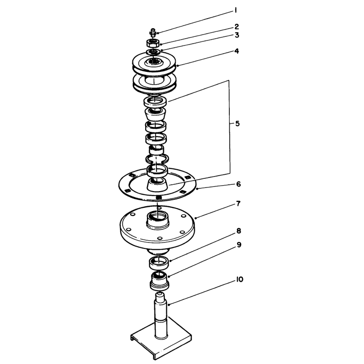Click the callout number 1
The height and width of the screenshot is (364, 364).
(x=235, y=10)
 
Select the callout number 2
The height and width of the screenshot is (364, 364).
(x=236, y=26)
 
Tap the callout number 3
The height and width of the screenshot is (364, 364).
(x=237, y=35)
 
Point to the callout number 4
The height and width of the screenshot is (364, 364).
(x=236, y=51)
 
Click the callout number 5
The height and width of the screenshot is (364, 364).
(x=237, y=123)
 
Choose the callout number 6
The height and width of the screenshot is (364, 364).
(x=238, y=184)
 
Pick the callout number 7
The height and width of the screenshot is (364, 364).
(x=238, y=204)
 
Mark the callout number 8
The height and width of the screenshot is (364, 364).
(x=238, y=231)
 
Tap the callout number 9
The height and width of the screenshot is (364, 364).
(x=239, y=245)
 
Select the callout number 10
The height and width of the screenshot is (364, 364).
(x=240, y=279)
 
